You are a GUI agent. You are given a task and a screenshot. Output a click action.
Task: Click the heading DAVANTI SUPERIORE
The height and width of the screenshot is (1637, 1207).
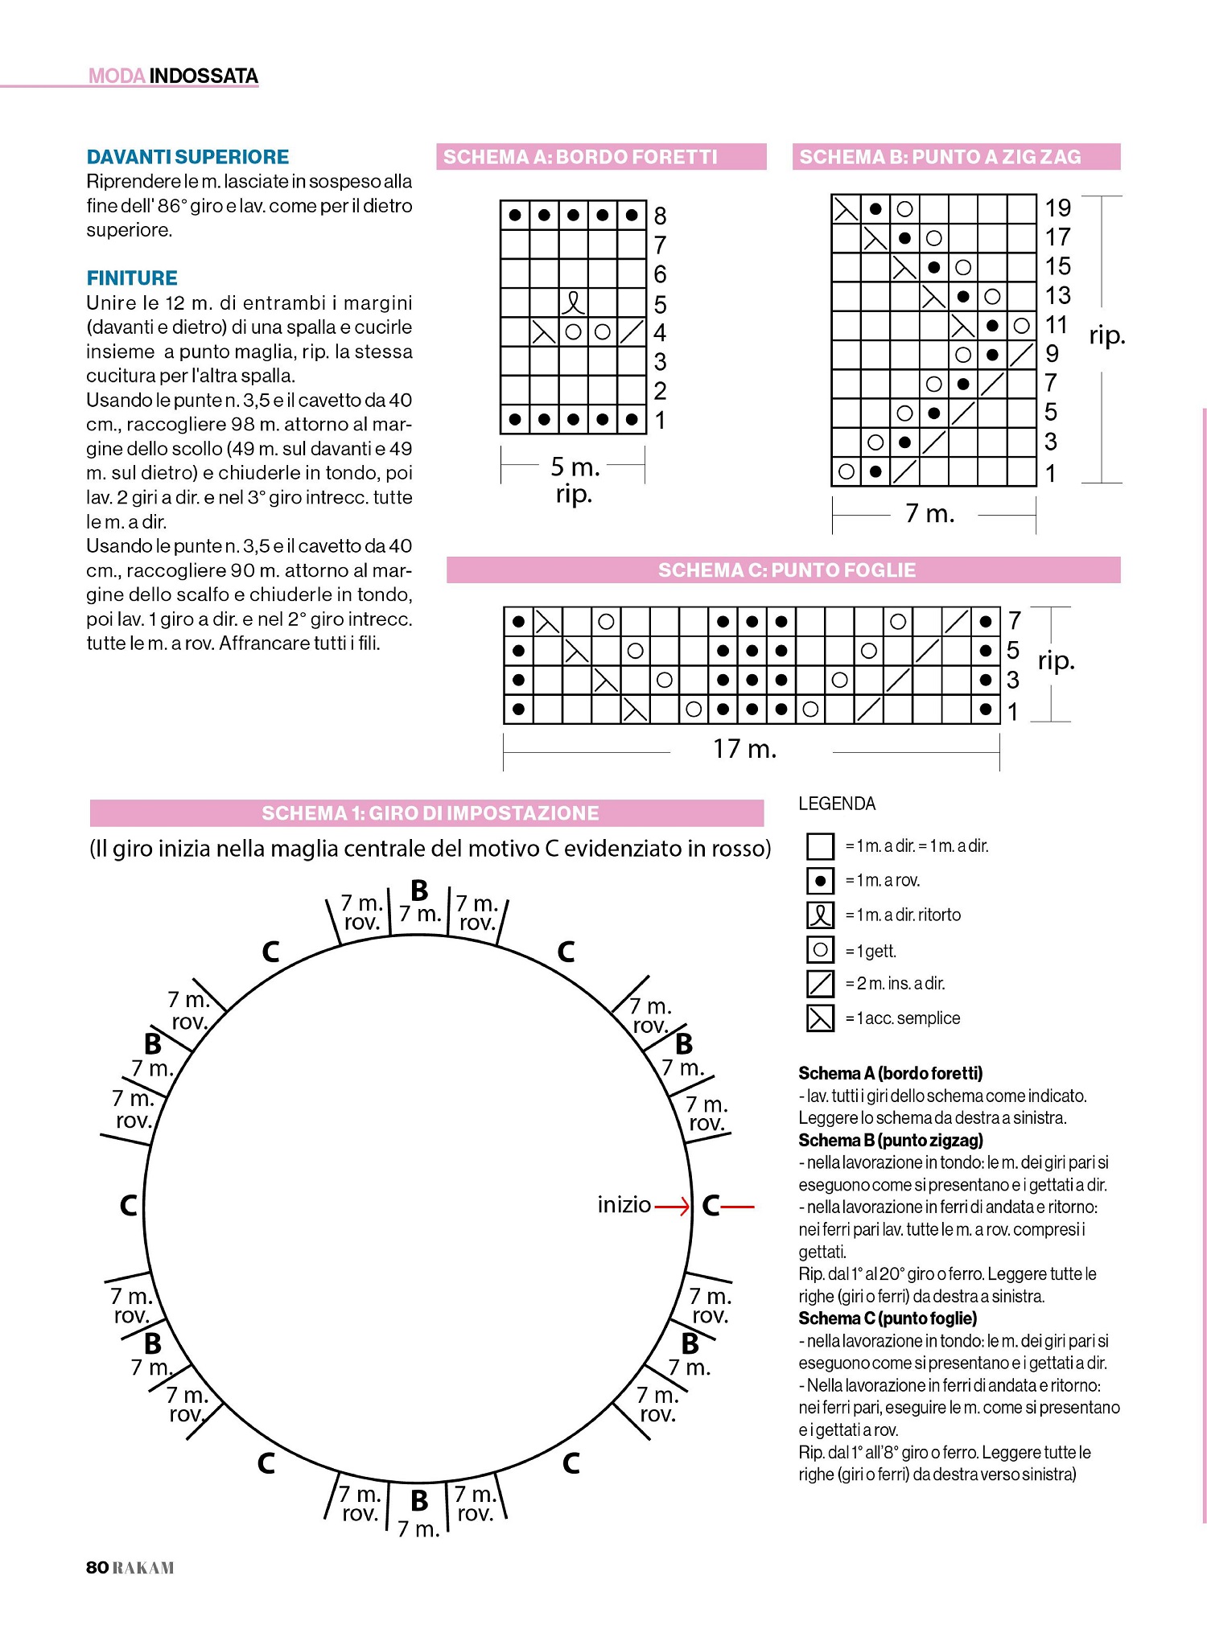point(187,157)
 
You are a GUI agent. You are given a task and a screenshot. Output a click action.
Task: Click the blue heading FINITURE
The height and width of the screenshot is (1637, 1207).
point(132,278)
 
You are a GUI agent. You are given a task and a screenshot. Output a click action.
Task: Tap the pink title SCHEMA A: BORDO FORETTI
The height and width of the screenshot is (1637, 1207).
point(580,157)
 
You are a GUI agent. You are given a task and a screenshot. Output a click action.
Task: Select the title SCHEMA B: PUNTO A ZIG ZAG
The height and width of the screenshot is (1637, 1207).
point(940,157)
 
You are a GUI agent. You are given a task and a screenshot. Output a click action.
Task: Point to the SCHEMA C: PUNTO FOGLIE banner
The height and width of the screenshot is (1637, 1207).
point(786,570)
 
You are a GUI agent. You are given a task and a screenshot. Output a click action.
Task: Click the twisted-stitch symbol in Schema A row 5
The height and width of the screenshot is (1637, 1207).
point(573,303)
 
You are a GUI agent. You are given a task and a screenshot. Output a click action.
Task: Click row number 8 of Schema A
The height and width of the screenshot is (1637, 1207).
point(660,216)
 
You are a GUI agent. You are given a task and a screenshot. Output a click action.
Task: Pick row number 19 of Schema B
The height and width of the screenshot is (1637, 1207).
point(1057,208)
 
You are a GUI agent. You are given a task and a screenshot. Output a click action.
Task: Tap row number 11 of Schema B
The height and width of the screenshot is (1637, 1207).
point(1056,325)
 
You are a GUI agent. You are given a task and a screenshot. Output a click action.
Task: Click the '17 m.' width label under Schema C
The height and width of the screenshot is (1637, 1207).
point(744,750)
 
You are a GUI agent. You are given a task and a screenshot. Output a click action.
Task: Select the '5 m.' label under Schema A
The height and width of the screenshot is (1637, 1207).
point(575,467)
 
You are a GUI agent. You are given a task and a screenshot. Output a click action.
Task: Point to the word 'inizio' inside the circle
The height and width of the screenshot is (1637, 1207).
point(624,1205)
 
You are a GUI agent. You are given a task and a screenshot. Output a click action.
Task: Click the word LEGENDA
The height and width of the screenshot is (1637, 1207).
point(837,804)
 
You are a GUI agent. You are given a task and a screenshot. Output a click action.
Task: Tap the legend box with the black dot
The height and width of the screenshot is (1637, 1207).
point(820,881)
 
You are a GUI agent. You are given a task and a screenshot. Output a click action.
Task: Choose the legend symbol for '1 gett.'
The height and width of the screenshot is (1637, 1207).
point(820,950)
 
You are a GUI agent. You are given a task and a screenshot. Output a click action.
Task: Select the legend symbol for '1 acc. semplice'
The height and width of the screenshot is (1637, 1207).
point(820,1018)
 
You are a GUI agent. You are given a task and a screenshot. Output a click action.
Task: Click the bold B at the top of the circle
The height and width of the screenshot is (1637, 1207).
point(419,890)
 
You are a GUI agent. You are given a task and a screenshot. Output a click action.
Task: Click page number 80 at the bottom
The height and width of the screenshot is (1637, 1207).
point(97,1567)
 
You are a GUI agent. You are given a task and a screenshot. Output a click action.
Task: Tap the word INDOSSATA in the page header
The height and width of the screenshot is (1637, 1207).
point(204,76)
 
